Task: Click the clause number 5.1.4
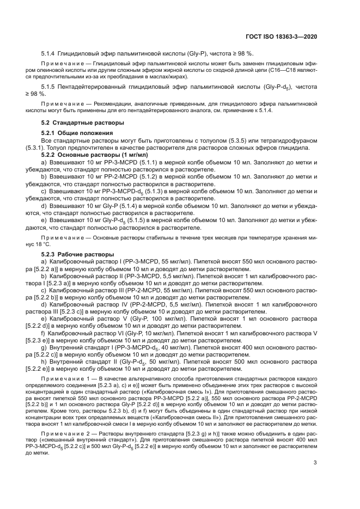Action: click(50, 53)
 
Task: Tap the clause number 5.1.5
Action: click(50, 87)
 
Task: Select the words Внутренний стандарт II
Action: click(79, 354)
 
